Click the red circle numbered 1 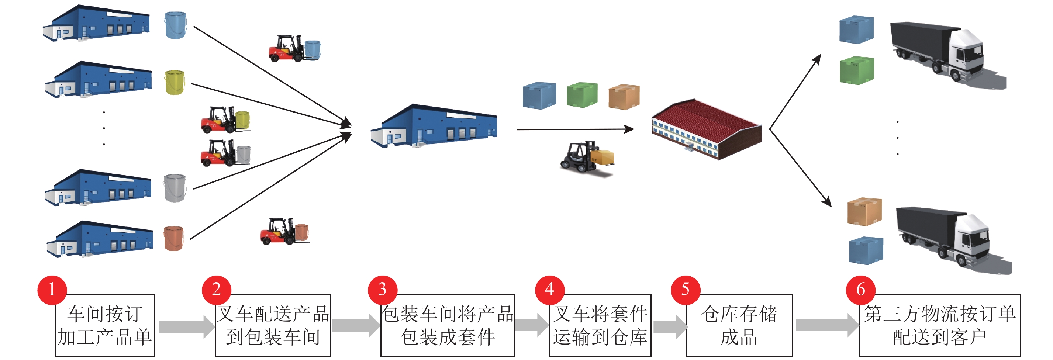[52, 290]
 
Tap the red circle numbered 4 [549, 290]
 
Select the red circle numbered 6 [860, 290]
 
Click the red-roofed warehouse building [706, 128]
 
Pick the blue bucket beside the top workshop [175, 25]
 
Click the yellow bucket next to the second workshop [175, 82]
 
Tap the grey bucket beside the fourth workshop [175, 188]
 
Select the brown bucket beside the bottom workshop [174, 238]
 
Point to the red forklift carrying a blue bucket [294, 49]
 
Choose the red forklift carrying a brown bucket [284, 232]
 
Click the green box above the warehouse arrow [582, 95]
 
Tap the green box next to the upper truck [856, 71]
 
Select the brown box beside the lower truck [864, 212]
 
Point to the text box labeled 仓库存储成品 [739, 326]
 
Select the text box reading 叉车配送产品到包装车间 [273, 326]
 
